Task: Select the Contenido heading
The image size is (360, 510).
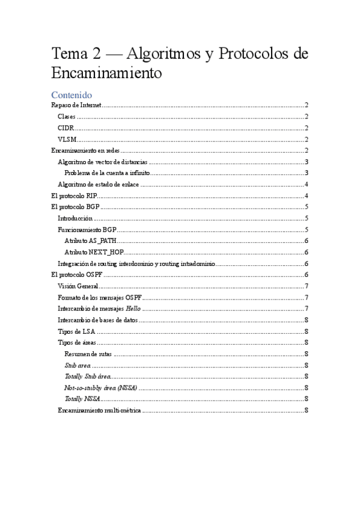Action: [72, 94]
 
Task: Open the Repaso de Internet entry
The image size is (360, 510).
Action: [76, 105]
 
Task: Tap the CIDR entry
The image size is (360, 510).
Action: [66, 128]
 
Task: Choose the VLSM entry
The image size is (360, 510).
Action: [67, 139]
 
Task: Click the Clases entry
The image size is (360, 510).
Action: [67, 117]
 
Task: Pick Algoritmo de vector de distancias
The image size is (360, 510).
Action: [102, 162]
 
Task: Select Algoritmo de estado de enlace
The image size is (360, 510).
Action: [99, 184]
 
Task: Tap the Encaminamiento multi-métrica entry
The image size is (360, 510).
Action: [99, 410]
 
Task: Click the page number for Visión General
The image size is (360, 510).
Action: [307, 286]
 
